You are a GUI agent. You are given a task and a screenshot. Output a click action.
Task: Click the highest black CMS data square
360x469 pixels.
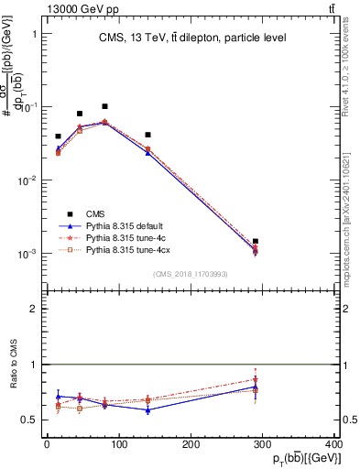105,106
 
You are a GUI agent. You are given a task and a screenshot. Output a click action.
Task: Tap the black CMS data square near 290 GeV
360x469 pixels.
256,242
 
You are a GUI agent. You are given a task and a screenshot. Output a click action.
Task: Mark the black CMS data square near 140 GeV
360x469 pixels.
147,135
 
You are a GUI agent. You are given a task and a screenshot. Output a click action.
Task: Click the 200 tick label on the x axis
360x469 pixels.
190,444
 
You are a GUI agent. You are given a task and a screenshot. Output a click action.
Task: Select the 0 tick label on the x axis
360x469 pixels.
47,444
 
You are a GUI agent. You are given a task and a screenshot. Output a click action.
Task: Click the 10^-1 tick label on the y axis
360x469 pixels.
25,107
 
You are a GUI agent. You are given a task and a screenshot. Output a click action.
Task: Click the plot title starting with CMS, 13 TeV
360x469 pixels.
192,38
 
